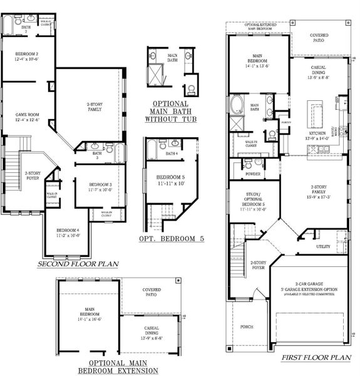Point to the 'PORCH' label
pos(246,327)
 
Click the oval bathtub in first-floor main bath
pos(238,104)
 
